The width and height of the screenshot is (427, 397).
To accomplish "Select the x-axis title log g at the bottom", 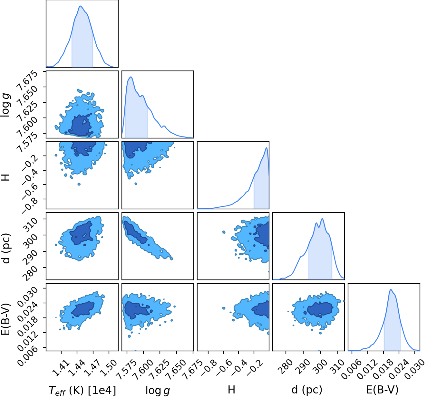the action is click(x=158, y=390).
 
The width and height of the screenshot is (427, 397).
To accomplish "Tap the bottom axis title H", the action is click(x=231, y=389).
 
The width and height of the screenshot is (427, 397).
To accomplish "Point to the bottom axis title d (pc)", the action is click(x=307, y=390).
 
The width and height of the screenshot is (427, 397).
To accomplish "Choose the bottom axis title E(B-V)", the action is click(x=382, y=390).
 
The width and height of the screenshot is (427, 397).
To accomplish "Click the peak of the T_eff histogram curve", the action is click(x=81, y=6).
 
